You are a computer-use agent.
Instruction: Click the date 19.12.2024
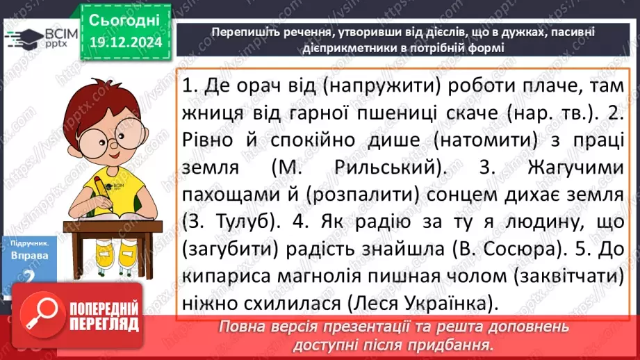(125, 43)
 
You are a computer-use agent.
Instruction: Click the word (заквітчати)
(569, 277)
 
